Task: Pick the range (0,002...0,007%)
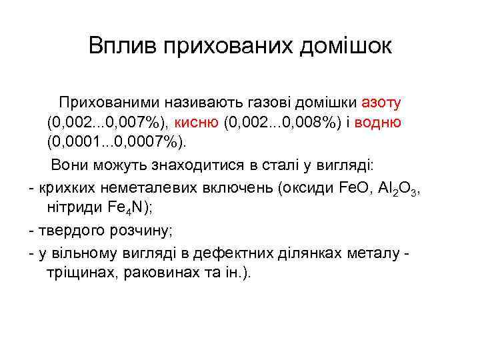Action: click(108, 123)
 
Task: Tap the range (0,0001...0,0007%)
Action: click(117, 142)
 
